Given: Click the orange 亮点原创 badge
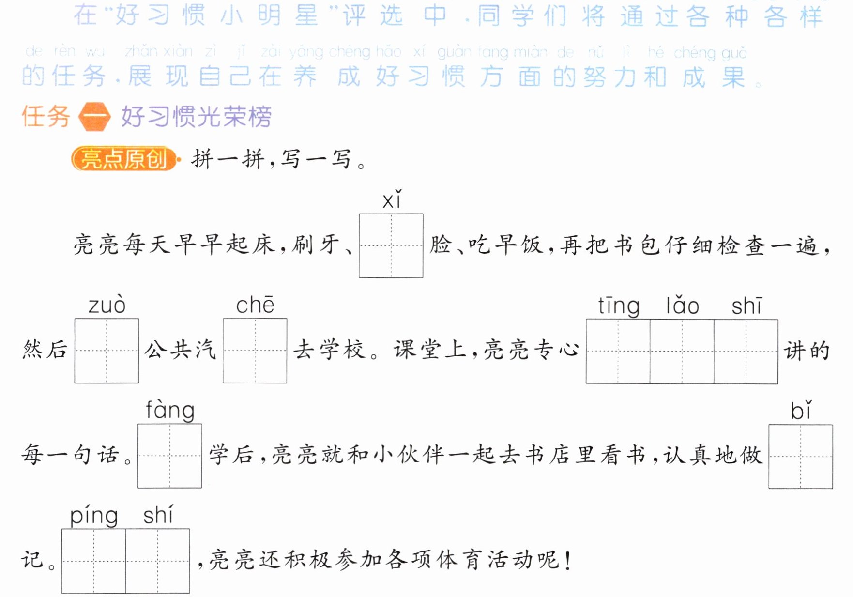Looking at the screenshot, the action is [x=124, y=159].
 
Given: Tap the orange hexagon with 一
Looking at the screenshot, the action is [x=95, y=117].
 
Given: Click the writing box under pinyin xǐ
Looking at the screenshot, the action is [x=391, y=245].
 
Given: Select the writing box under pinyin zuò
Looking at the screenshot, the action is [x=107, y=351].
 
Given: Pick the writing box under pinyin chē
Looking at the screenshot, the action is [x=255, y=351].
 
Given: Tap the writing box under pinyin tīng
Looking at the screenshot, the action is [x=618, y=352].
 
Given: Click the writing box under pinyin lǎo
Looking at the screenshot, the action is [x=682, y=352].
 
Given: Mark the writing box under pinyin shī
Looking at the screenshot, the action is [x=746, y=352].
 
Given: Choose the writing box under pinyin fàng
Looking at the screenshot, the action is [x=169, y=456].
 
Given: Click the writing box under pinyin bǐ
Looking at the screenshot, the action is [x=801, y=457].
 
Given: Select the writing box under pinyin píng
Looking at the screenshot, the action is [x=93, y=561].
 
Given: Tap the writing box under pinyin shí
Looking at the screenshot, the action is [x=157, y=561].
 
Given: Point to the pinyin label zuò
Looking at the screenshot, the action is [x=107, y=305].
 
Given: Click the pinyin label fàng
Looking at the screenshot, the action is [x=170, y=411].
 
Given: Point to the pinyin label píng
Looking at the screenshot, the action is [x=94, y=516].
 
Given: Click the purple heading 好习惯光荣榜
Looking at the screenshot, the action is [x=197, y=117].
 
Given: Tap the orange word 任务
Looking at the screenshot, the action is [x=46, y=117].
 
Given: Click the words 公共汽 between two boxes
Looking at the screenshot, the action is [x=181, y=350].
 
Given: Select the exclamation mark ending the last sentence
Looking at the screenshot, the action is [x=567, y=560].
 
